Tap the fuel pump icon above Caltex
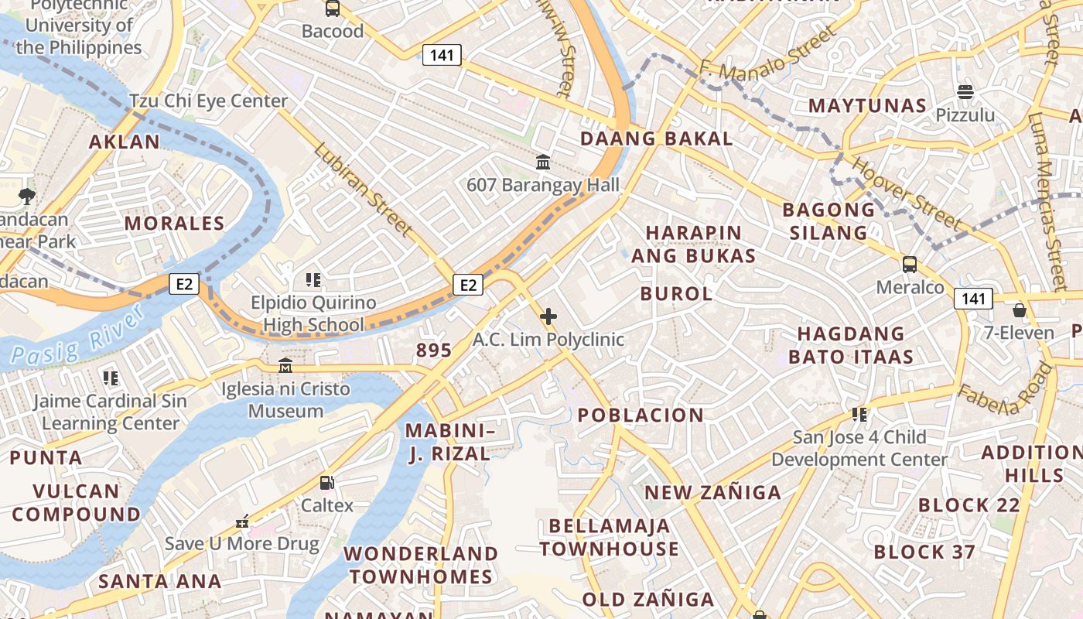pos(327,483)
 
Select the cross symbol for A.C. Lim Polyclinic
pos(548,316)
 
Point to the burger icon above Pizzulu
pos(965,92)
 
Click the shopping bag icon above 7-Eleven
pos(1019,310)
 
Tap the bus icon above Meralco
pos(910,265)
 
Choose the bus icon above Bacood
pos(333,9)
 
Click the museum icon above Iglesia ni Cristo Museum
pos(285,365)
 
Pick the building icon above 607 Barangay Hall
pos(543,162)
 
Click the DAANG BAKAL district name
pos(657,139)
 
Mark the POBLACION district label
pos(641,415)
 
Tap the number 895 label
pos(433,351)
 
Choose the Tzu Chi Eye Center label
pos(208,101)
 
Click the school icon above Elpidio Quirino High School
pos(313,280)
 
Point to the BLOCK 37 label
pos(924,552)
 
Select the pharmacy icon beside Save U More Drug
pos(242,522)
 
